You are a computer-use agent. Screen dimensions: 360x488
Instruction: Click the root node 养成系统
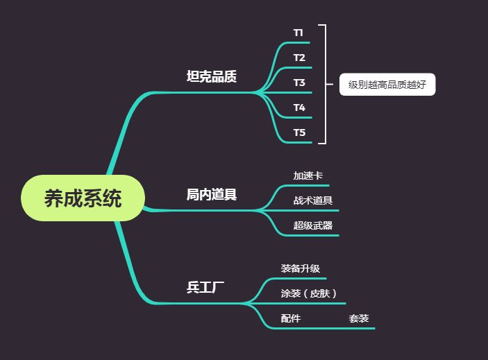tap(83, 198)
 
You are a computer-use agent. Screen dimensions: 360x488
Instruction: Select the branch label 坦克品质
tap(212, 76)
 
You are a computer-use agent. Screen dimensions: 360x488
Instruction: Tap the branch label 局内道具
tap(212, 195)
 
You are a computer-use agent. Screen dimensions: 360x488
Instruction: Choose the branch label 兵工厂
tap(205, 287)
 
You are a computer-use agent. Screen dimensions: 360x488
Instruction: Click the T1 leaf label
tap(298, 33)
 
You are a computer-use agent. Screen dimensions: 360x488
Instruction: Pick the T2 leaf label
tap(299, 58)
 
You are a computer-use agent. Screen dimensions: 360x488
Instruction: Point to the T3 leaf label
tap(299, 83)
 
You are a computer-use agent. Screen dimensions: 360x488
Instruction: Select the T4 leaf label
tap(299, 108)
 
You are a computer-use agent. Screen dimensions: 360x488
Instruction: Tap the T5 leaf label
tap(299, 132)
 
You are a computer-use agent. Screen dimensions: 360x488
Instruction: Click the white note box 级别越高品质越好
tap(387, 85)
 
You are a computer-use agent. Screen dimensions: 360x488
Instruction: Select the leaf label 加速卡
tap(308, 176)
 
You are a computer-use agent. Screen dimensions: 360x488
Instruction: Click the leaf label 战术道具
tap(312, 200)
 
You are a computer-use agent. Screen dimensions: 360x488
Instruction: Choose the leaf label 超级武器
tap(312, 225)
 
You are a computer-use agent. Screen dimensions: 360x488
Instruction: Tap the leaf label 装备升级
tap(301, 268)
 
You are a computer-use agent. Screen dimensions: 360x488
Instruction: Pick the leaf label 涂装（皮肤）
tap(309, 293)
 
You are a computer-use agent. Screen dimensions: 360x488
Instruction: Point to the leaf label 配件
tap(291, 318)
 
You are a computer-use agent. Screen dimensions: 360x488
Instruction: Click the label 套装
tap(359, 318)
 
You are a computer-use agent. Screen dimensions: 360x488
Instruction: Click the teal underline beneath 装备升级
tap(298, 278)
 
